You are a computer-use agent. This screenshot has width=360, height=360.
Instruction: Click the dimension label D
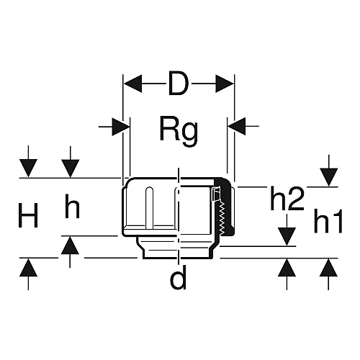tap(178, 84)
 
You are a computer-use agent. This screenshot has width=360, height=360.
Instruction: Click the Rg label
tap(179, 130)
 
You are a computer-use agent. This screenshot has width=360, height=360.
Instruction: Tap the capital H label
tap(28, 215)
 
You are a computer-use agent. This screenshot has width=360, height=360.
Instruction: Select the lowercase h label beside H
tap(72, 207)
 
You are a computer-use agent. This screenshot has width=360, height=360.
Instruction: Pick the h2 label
tap(287, 199)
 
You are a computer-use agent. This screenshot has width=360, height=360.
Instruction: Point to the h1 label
tap(328, 221)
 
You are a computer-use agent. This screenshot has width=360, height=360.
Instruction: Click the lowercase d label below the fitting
tap(178, 278)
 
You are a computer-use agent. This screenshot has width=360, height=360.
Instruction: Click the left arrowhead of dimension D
tap(132, 84)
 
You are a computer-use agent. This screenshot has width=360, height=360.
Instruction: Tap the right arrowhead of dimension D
tap(225, 84)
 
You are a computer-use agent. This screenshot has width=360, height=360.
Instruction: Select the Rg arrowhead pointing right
tap(121, 126)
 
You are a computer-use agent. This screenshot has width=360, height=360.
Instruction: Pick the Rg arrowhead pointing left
tap(237, 126)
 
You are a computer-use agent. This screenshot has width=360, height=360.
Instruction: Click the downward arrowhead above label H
tap(28, 168)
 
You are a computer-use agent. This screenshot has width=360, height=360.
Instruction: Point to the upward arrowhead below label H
tap(28, 268)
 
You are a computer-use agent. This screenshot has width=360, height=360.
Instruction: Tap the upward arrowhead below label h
tap(70, 246)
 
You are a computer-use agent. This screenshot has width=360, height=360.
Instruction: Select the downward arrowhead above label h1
tap(328, 177)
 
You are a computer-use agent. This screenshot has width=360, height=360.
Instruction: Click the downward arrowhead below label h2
tap(287, 237)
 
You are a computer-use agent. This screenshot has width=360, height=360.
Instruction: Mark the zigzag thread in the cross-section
tap(222, 217)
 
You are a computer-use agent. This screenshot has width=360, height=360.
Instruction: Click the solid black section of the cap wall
tap(228, 209)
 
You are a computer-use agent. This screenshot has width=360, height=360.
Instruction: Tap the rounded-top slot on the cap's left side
tap(149, 207)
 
